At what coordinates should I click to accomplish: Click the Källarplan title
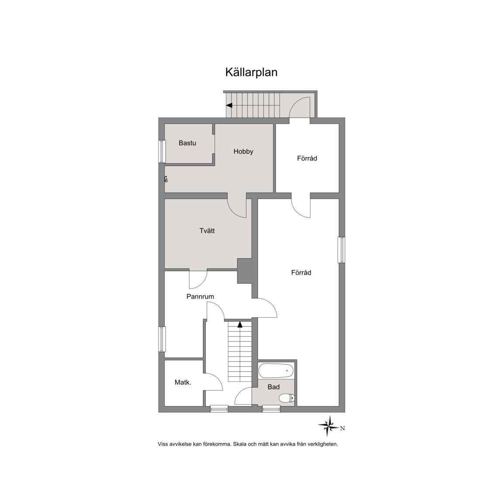click(x=251, y=72)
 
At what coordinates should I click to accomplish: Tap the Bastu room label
click(x=187, y=143)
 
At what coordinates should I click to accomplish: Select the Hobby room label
click(x=243, y=152)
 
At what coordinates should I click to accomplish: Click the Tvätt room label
click(x=207, y=231)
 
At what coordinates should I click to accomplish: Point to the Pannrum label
click(x=200, y=297)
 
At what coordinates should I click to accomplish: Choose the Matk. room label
click(x=183, y=382)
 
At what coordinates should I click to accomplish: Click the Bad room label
click(x=274, y=387)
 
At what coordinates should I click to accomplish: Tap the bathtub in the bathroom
click(x=276, y=371)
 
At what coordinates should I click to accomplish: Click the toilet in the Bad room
click(x=286, y=398)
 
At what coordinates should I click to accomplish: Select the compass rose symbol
click(x=328, y=426)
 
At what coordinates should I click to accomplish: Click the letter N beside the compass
click(x=343, y=428)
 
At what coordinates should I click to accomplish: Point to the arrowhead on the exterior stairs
click(x=229, y=105)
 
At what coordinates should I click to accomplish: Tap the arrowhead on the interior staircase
click(x=240, y=324)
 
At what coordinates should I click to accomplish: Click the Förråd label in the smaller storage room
click(x=307, y=158)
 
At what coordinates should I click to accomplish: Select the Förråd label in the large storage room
click(x=301, y=272)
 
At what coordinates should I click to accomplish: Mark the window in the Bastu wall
click(x=162, y=152)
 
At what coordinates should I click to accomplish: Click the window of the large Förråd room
click(x=342, y=250)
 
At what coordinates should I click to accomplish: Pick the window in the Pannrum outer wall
click(x=162, y=339)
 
